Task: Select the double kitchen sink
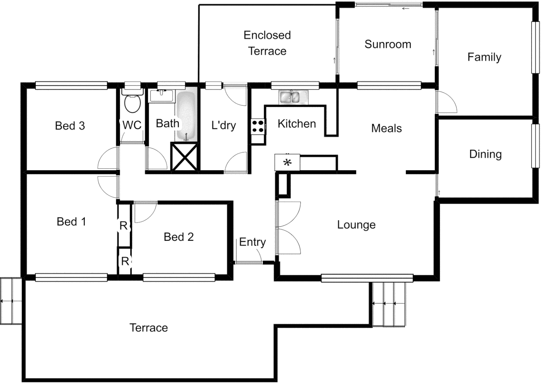coord(294,97)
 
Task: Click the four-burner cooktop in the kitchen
coord(258,127)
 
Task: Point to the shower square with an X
coord(185,156)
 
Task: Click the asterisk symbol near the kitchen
coord(287,163)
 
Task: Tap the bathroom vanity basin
coord(162,95)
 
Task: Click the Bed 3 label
coord(70,126)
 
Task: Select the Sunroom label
coord(388,44)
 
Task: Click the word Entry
coord(252,242)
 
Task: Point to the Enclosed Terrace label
coord(267,43)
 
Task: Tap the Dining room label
coord(485,154)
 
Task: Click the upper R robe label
coord(124,226)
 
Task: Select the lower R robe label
coord(125,261)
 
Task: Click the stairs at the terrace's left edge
coord(11,301)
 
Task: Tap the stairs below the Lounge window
coord(389,304)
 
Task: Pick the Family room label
coord(484,57)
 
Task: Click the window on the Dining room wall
coord(535,145)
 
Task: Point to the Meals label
coord(386,128)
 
